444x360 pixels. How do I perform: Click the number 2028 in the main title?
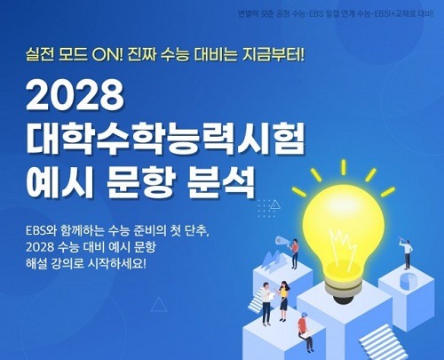[x=75, y=95]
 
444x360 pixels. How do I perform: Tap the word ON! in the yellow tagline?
[x=107, y=55]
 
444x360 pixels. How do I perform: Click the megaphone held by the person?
[x=281, y=241]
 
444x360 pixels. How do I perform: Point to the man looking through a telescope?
[x=407, y=253]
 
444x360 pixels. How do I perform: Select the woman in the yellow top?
[x=283, y=300]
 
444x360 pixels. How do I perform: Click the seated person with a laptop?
[x=305, y=330]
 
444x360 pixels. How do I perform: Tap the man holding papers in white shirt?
[x=266, y=303]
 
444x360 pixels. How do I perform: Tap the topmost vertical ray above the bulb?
[x=344, y=167]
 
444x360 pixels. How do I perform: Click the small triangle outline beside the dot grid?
[x=275, y=204]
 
